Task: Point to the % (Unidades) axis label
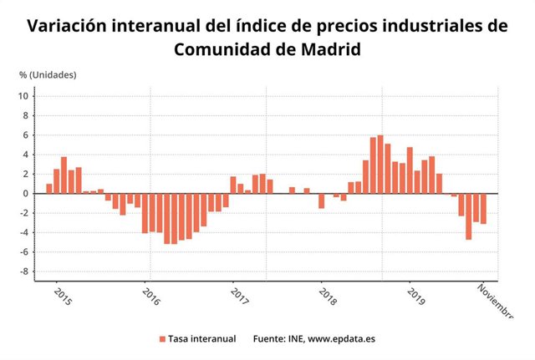click(48, 74)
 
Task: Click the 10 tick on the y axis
click(25, 96)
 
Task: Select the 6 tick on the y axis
click(28, 135)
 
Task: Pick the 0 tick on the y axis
click(28, 194)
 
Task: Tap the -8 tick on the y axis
click(26, 271)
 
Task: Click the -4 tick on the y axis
click(26, 233)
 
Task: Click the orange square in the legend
click(162, 339)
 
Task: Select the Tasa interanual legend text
click(201, 339)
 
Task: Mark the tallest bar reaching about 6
click(380, 165)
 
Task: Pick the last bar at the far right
click(483, 209)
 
